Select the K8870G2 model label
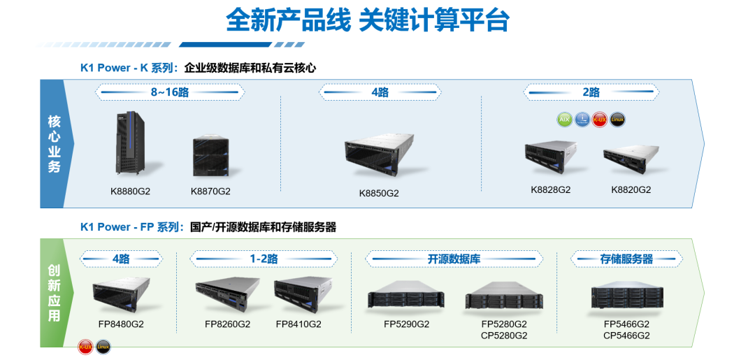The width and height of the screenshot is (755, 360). click(210, 191)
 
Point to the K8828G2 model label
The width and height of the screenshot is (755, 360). click(551, 189)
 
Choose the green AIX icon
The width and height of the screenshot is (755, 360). click(564, 119)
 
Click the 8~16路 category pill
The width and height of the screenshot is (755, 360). click(171, 92)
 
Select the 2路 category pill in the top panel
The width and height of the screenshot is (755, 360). click(591, 92)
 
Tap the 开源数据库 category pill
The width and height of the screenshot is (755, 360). click(454, 259)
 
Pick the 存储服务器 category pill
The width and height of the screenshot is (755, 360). click(626, 259)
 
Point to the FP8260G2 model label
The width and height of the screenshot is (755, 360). click(227, 324)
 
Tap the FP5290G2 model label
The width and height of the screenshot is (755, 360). click(407, 324)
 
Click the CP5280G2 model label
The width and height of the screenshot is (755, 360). click(504, 336)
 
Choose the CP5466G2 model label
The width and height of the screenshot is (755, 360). click(626, 336)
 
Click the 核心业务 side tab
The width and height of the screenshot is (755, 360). click(54, 143)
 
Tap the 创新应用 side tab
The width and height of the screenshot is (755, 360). click(54, 292)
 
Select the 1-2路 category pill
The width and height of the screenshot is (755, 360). click(264, 259)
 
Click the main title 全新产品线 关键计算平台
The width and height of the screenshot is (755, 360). click(366, 21)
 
